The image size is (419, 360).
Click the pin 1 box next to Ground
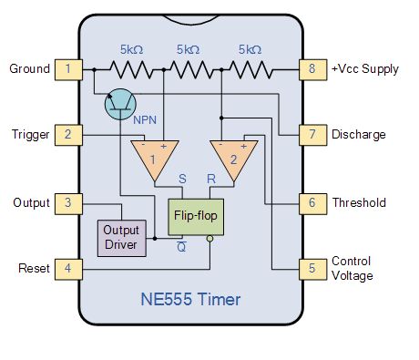pos(67,67)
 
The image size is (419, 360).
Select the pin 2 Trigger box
pos(67,135)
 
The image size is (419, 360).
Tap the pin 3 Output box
pos(67,202)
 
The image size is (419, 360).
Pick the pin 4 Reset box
pos(67,270)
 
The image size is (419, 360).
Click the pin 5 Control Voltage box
pos(312,270)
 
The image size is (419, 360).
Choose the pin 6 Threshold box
pos(312,202)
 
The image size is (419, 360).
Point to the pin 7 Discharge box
pos(312,135)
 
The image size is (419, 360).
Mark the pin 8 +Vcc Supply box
pos(312,67)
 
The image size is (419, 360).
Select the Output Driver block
pos(121,237)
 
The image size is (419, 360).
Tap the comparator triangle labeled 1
pos(153,159)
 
